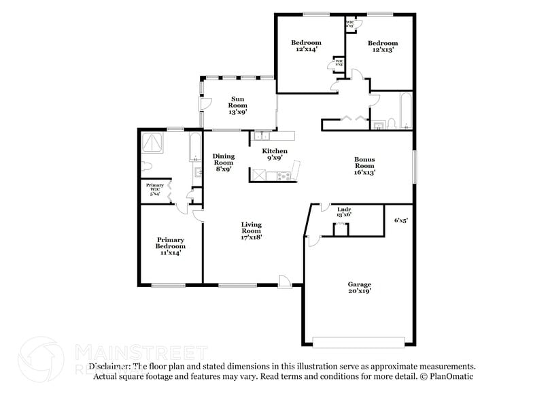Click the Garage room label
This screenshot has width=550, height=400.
point(359,287)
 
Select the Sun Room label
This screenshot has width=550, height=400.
point(237,105)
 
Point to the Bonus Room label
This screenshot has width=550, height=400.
point(364,166)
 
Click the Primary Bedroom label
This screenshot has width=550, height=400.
point(171,246)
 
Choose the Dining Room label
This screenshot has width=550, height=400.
point(224,162)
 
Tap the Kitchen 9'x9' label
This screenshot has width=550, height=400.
point(275,154)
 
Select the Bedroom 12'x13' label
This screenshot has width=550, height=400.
point(383,46)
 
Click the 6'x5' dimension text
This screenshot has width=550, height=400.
point(402,220)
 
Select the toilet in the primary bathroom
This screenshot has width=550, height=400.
point(148,167)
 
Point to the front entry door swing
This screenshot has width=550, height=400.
point(285,280)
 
